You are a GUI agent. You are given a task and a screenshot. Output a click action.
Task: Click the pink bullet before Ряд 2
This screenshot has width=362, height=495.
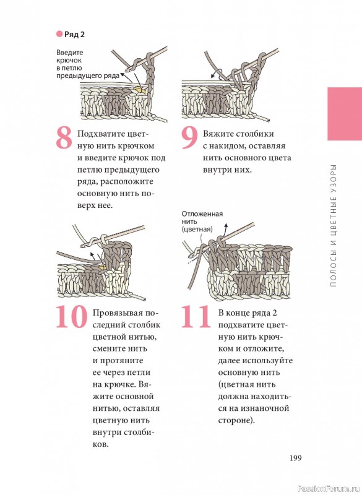(59, 34)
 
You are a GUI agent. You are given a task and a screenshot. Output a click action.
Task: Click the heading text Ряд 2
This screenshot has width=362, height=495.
(74, 35)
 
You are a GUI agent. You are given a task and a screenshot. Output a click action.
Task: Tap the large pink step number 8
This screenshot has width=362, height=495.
(64, 138)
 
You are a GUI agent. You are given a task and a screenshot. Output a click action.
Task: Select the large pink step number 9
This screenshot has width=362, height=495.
(189, 138)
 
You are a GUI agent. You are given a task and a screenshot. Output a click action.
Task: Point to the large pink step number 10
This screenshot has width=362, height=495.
(72, 317)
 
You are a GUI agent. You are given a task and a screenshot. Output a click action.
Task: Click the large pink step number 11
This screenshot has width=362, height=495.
(196, 317)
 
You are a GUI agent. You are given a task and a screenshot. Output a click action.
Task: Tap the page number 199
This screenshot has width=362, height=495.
(296, 458)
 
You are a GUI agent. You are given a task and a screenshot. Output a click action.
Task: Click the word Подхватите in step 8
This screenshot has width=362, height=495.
(98, 134)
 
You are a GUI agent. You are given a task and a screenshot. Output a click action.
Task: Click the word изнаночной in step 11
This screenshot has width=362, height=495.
(264, 408)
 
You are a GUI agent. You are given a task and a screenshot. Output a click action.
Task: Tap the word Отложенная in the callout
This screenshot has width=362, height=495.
(202, 213)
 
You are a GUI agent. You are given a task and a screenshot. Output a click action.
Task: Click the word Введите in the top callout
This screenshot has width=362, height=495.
(70, 53)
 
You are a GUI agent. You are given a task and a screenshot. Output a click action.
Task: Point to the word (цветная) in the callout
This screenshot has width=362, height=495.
(197, 229)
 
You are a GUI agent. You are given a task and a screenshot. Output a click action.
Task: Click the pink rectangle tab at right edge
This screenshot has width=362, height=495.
(345, 114)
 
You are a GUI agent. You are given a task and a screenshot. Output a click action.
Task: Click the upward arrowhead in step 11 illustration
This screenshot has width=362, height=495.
(226, 225)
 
